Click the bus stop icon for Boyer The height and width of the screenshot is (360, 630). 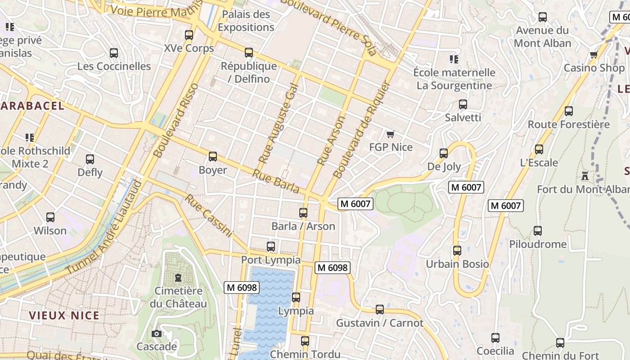pyautogui.click(x=213, y=157)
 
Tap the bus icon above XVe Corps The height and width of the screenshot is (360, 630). pyautogui.click(x=189, y=35)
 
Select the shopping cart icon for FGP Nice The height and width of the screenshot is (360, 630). pyautogui.click(x=390, y=134)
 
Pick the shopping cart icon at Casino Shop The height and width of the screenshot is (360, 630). pyautogui.click(x=594, y=55)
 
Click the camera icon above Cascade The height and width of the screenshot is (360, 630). pyautogui.click(x=157, y=333)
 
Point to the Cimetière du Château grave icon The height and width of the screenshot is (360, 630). pyautogui.click(x=178, y=277)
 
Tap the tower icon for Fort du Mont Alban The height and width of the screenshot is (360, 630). pyautogui.click(x=585, y=175)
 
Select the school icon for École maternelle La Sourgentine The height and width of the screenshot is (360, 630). pyautogui.click(x=454, y=59)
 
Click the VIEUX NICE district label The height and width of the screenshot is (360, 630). pyautogui.click(x=64, y=315)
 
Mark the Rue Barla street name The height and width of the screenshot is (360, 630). pyautogui.click(x=276, y=181)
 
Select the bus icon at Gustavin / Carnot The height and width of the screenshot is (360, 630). pyautogui.click(x=380, y=310)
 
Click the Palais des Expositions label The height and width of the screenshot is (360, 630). pyautogui.click(x=246, y=21)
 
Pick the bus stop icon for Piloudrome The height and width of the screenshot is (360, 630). pyautogui.click(x=538, y=231)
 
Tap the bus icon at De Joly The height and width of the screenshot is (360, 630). pyautogui.click(x=444, y=153)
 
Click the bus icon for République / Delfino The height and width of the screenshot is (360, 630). pyautogui.click(x=249, y=53)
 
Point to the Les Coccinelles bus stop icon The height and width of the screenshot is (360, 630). pyautogui.click(x=114, y=53)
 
